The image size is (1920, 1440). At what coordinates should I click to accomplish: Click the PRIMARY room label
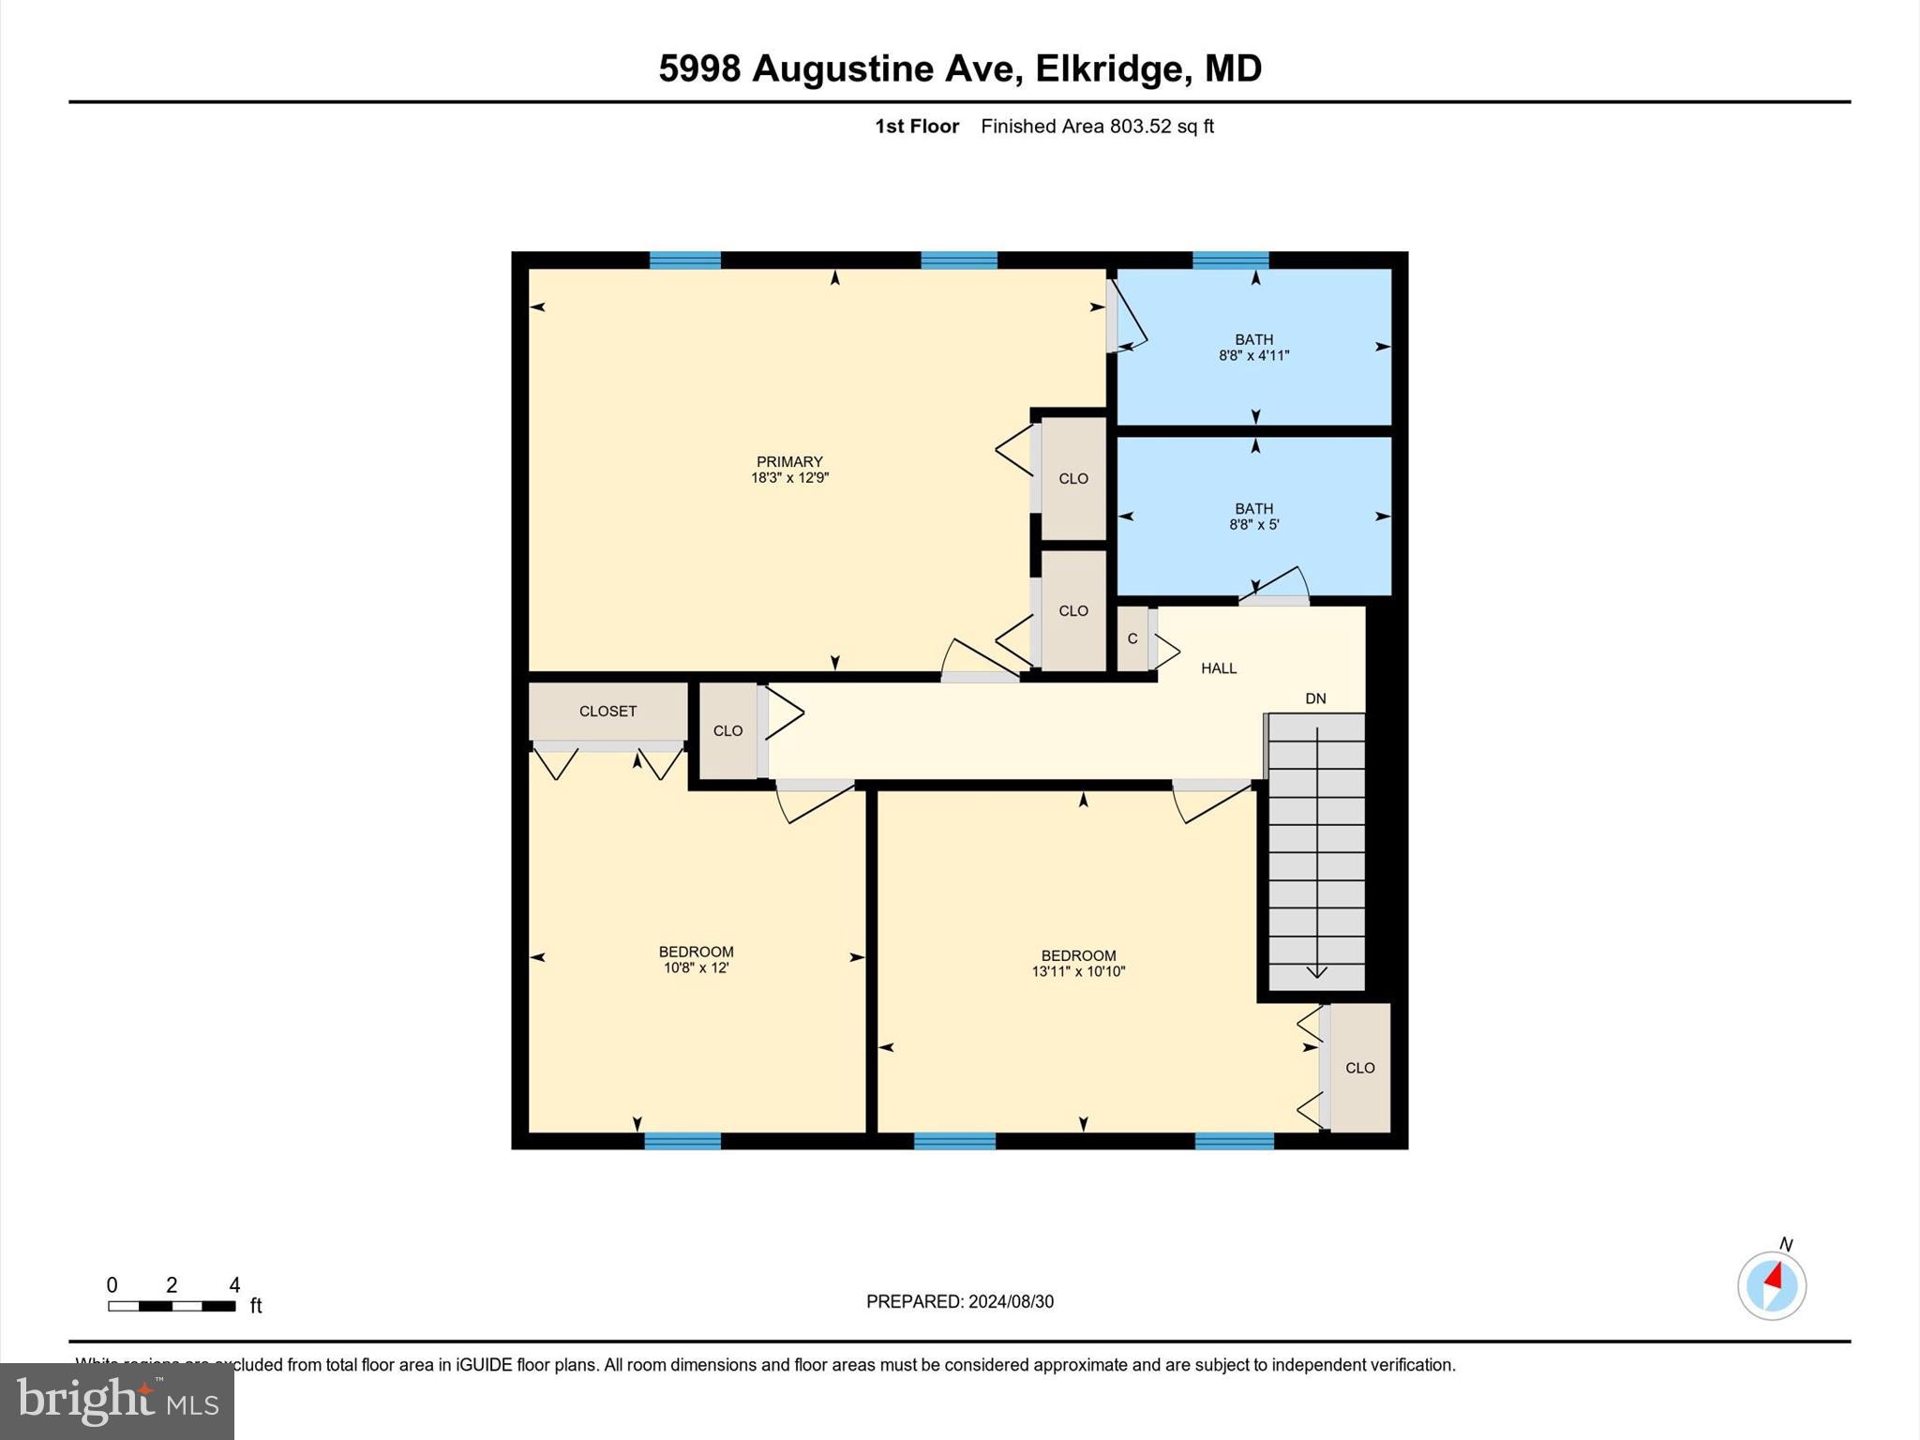tap(789, 461)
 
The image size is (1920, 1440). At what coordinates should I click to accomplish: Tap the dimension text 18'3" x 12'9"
tap(789, 478)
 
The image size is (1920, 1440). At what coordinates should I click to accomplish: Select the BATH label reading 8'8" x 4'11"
tap(1253, 348)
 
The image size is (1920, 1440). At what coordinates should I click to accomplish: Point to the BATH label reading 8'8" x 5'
tap(1253, 517)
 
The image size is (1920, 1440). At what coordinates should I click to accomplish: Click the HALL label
tap(1219, 668)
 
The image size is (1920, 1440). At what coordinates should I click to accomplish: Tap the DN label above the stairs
tap(1315, 698)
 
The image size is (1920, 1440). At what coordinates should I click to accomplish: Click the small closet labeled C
tap(1132, 638)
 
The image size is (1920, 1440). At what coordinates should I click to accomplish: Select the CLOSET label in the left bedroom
tap(607, 712)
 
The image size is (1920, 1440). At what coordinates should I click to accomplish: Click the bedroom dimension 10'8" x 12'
tap(696, 967)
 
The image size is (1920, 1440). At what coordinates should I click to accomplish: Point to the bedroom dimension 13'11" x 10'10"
tap(1078, 972)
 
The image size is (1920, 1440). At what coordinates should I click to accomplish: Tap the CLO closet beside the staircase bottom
tap(1359, 1068)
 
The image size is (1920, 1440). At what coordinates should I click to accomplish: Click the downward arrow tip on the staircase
tap(1316, 976)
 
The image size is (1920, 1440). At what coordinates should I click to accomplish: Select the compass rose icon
tap(1771, 1286)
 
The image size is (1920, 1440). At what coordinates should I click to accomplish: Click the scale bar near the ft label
tap(172, 1306)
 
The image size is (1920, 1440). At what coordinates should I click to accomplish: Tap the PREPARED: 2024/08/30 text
tap(959, 1301)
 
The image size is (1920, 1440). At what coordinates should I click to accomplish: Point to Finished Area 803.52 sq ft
tap(1097, 127)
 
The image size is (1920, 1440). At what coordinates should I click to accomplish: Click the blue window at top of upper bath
tap(1230, 260)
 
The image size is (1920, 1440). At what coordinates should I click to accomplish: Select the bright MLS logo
tap(117, 1402)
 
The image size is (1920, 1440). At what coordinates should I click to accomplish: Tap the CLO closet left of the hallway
tap(727, 731)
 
